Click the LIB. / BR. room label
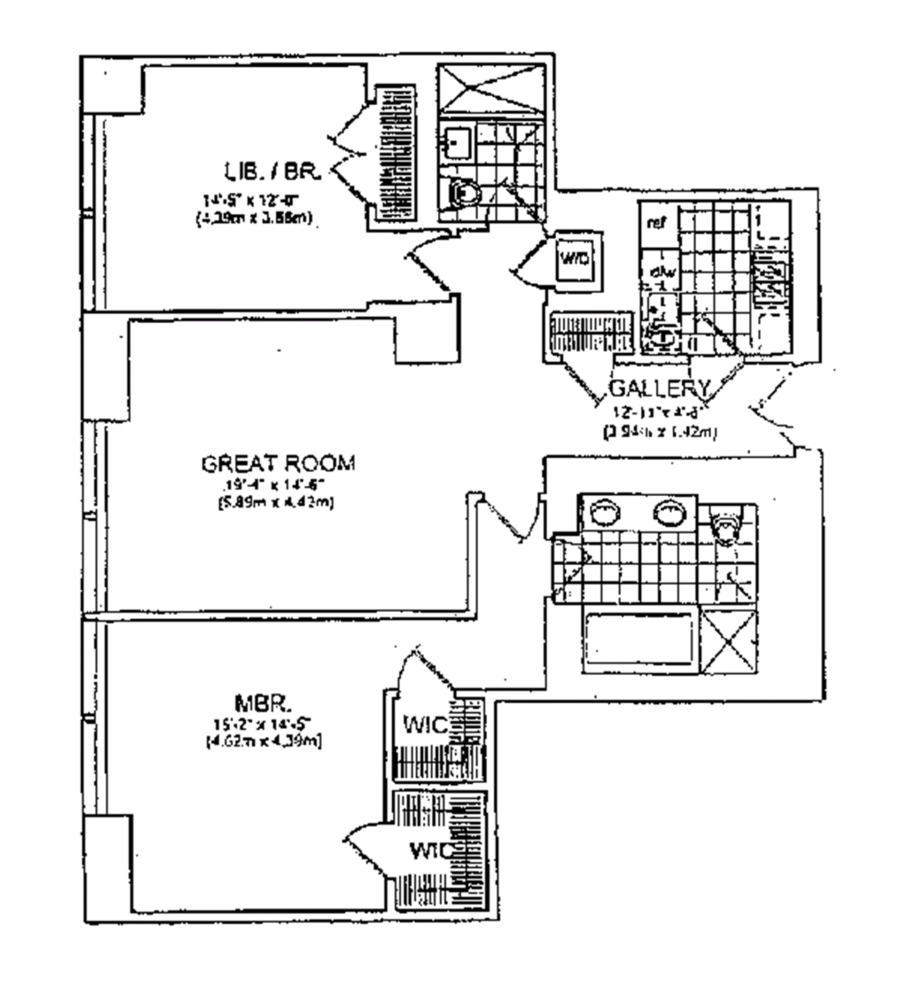tap(272, 173)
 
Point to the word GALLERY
tap(660, 388)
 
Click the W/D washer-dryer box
tap(577, 259)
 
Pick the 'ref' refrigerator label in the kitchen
tap(656, 224)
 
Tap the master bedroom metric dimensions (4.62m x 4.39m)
tap(264, 742)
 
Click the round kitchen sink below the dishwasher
tap(662, 337)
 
